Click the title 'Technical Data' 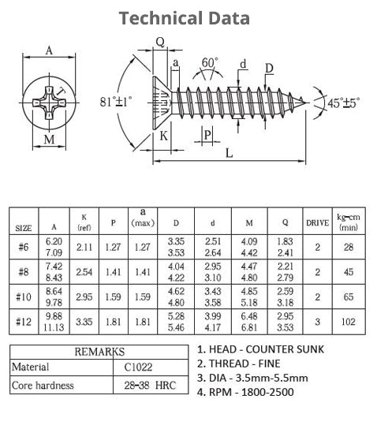point(185,18)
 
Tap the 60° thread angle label point(210,62)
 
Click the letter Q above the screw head point(159,43)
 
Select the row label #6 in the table point(24,247)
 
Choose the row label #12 point(24,322)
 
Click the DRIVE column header point(317,222)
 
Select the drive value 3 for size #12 point(317,322)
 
